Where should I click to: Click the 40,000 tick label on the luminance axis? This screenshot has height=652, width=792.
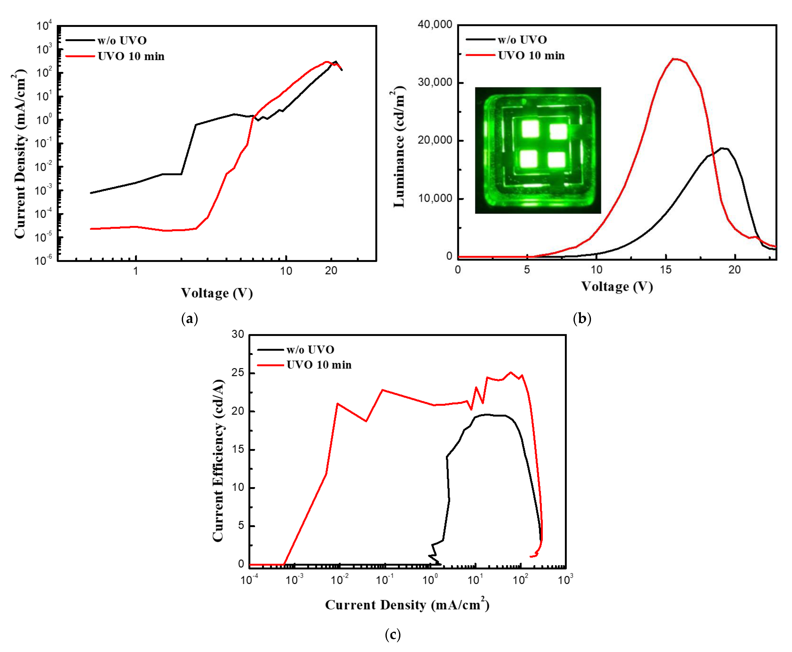pyautogui.click(x=435, y=25)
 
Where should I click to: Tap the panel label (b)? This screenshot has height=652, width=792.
pyautogui.click(x=582, y=318)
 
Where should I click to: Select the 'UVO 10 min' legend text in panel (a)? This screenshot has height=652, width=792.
pyautogui.click(x=131, y=56)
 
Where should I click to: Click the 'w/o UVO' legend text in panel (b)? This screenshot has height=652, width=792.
pyautogui.click(x=522, y=39)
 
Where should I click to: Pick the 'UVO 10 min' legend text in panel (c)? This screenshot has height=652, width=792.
pyautogui.click(x=319, y=365)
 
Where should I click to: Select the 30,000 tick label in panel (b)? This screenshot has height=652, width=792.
pyautogui.click(x=435, y=82)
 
